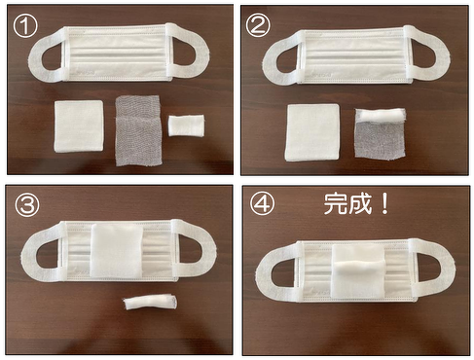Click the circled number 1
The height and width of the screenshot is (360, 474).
[25, 25]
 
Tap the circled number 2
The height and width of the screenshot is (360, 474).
[258, 25]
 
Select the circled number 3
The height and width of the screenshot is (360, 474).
[27, 204]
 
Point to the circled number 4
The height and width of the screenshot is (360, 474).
[262, 204]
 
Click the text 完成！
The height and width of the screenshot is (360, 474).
[356, 203]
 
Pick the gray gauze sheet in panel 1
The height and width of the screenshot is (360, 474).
[138, 130]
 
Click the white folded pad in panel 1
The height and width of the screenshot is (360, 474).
[79, 126]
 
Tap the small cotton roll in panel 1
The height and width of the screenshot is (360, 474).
[186, 125]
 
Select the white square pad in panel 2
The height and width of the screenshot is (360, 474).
[312, 132]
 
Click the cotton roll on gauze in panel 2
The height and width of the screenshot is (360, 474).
[381, 116]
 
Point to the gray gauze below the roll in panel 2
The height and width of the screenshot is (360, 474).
[380, 140]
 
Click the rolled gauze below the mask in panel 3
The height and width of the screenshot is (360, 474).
[150, 302]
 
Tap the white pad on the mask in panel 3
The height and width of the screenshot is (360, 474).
[117, 250]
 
